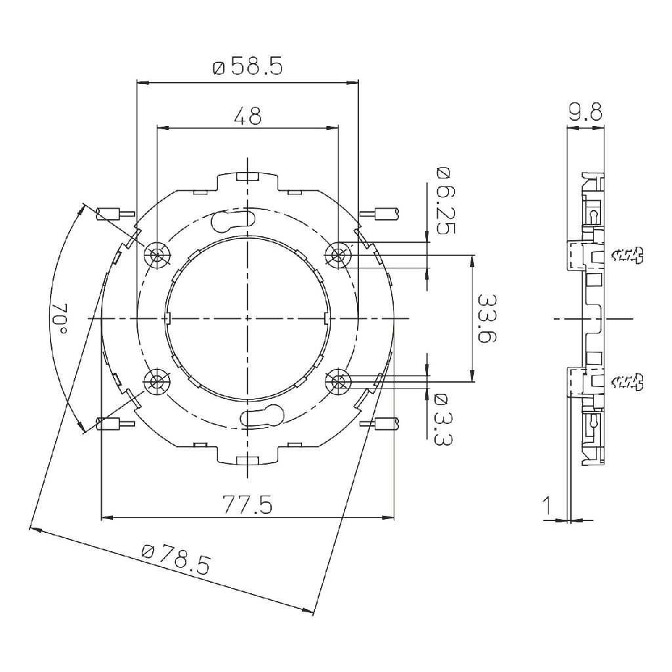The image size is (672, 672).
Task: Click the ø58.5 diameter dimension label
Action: [247, 67]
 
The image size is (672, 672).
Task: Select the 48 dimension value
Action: [247, 115]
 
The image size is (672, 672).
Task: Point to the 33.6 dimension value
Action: [486, 318]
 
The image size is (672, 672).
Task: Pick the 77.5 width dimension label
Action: [247, 505]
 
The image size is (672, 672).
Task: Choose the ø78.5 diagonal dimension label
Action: [176, 559]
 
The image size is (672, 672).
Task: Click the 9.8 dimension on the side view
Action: [585, 112]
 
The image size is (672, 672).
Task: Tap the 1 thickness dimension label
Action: [547, 506]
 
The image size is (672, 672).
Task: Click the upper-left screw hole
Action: [157, 255]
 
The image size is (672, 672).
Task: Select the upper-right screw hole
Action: [339, 255]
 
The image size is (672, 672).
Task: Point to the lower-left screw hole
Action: [157, 381]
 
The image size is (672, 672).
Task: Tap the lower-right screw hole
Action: [339, 381]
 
